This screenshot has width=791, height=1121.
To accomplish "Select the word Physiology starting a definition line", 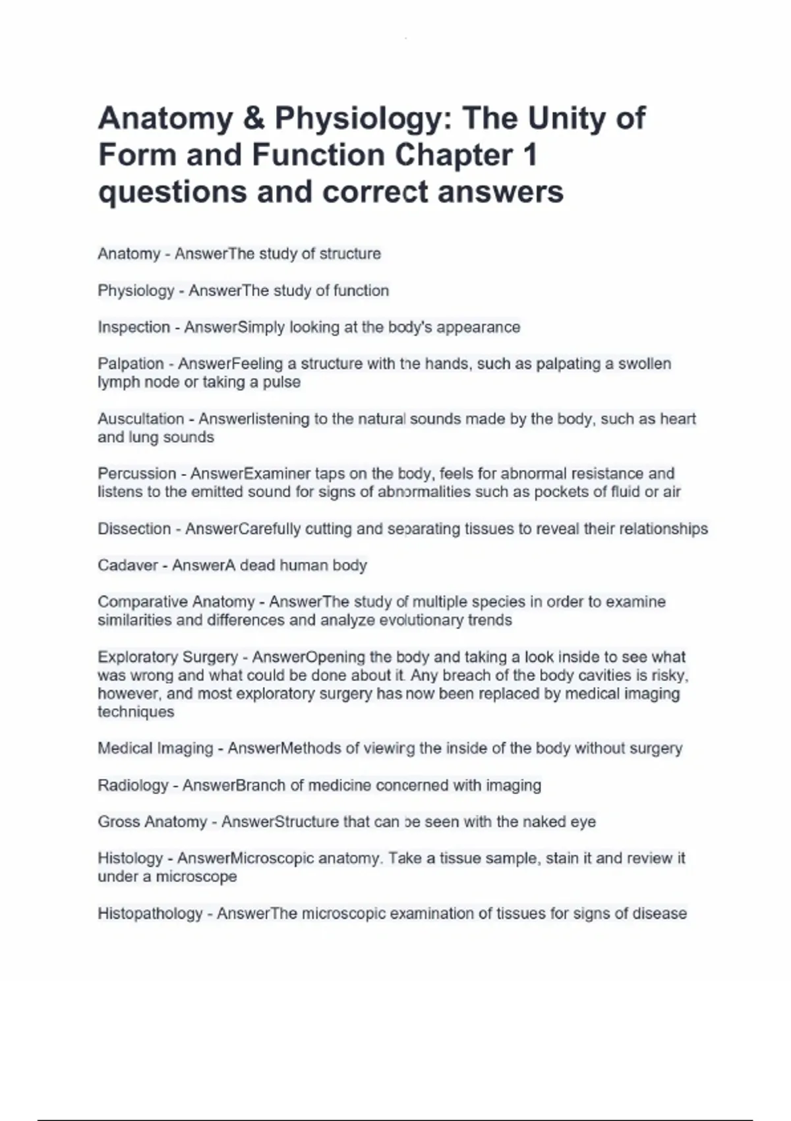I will (x=136, y=291).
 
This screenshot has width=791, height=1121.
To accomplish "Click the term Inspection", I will (x=134, y=327).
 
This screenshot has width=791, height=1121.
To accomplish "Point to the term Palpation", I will (x=131, y=364).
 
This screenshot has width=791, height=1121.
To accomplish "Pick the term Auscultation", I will (x=140, y=419).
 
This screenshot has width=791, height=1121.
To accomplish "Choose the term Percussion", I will (x=136, y=473).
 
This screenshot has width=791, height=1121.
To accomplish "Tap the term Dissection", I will (x=134, y=529).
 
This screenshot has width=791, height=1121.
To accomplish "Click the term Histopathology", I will (x=150, y=913).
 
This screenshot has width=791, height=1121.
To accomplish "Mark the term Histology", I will (x=130, y=859).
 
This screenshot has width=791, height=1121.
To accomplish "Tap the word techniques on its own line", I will (x=136, y=712).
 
